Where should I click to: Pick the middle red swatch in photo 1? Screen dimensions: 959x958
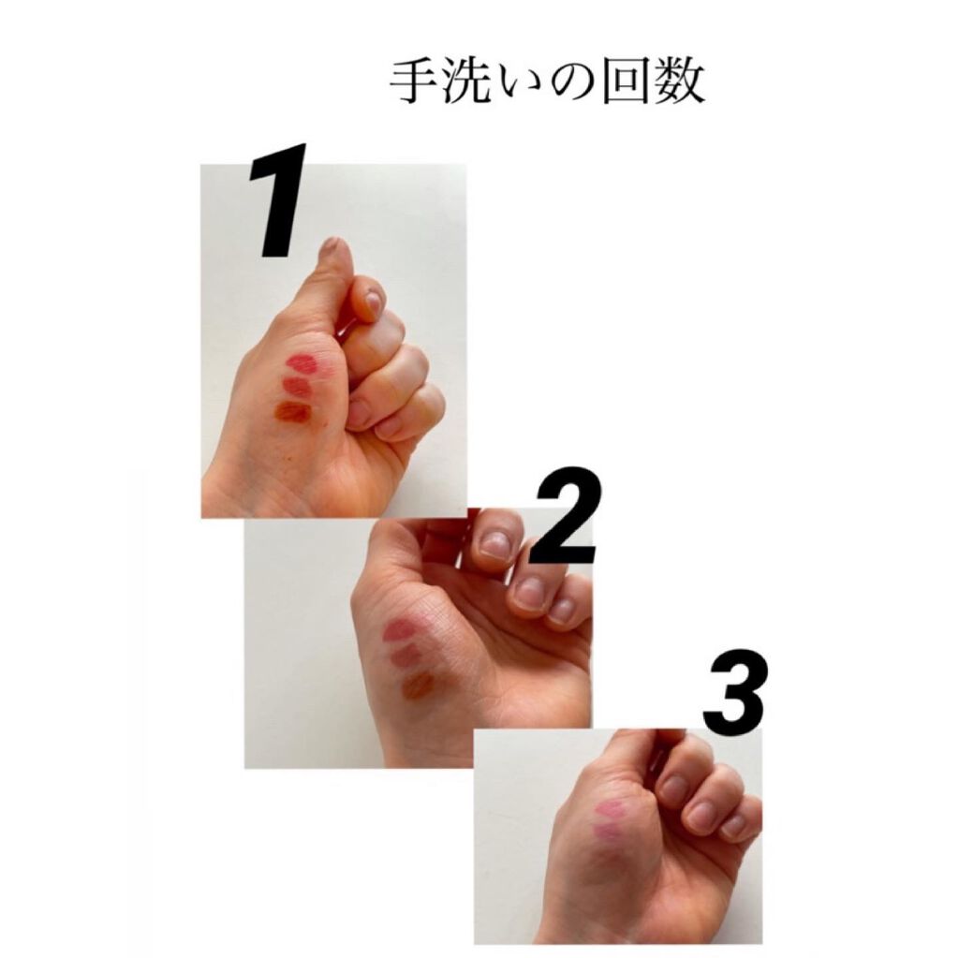click(x=298, y=387)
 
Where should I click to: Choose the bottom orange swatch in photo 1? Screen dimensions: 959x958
click(x=292, y=412)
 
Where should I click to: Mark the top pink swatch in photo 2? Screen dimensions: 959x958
click(x=400, y=630)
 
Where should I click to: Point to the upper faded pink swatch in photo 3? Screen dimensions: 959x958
click(x=612, y=811)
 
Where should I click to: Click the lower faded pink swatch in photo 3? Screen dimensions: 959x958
click(x=608, y=832)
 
